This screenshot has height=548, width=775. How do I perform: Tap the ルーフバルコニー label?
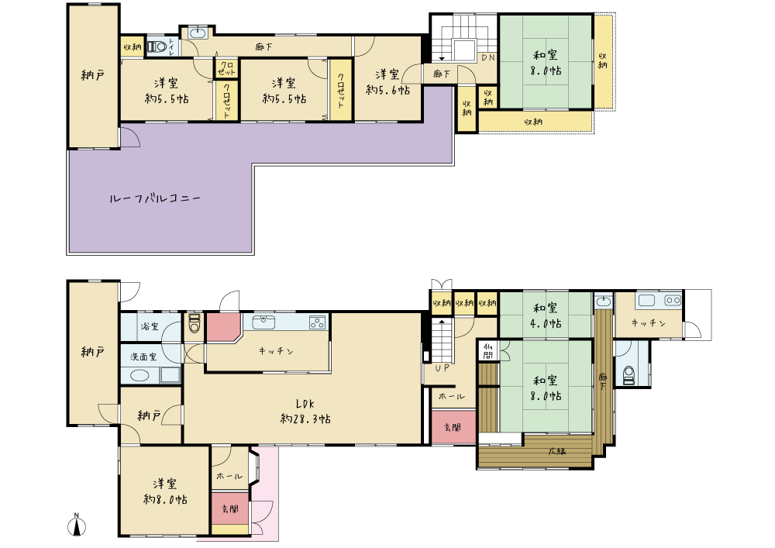click(x=155, y=198)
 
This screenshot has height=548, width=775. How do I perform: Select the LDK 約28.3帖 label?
click(x=305, y=411)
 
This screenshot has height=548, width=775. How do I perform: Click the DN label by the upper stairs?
click(x=488, y=57)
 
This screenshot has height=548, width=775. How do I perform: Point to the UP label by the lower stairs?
click(x=443, y=367)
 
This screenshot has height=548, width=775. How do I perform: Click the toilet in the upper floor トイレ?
click(x=157, y=47)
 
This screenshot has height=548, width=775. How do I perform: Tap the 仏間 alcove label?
click(x=488, y=351)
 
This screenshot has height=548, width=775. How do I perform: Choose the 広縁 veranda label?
click(x=557, y=450)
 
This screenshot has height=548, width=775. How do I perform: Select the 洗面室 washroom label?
click(x=143, y=357)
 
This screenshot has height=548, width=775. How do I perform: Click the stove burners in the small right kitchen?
click(x=673, y=300)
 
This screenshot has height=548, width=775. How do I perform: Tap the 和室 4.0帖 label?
click(x=546, y=316)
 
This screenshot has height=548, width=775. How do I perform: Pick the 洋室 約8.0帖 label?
click(x=165, y=491)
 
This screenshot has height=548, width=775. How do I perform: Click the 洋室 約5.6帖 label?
click(x=387, y=82)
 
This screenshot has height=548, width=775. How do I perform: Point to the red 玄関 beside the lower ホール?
click(x=453, y=426)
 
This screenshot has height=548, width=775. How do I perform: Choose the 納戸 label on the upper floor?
click(x=92, y=76)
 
